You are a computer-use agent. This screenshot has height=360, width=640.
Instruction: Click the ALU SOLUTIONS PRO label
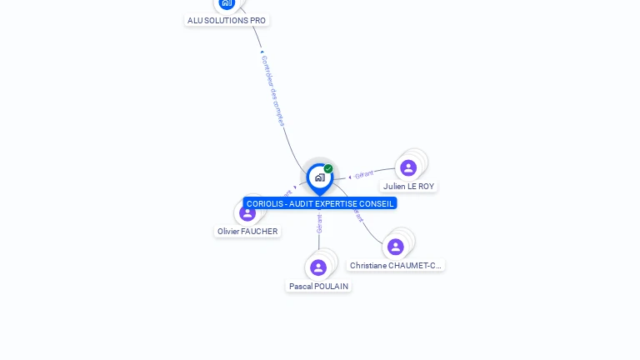click(227, 20)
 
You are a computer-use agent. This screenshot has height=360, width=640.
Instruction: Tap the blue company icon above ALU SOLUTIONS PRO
click(227, 2)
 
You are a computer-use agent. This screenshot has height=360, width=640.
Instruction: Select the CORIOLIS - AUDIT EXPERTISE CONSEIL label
click(320, 203)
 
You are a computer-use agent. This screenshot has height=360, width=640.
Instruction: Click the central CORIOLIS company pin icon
click(319, 177)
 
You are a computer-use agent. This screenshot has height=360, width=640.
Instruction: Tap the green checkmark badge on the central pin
click(328, 168)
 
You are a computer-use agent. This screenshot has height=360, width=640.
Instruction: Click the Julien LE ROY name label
click(408, 187)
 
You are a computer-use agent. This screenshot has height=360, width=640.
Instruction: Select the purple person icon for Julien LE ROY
click(408, 168)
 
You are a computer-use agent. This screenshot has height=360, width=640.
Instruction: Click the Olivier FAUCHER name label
click(247, 232)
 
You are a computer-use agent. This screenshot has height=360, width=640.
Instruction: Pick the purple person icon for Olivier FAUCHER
click(247, 212)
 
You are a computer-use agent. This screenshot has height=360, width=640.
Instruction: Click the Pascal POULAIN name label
click(318, 286)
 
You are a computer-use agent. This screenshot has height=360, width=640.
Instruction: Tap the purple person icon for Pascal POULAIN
click(318, 267)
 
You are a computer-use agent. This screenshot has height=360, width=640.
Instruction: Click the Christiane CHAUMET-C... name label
click(396, 266)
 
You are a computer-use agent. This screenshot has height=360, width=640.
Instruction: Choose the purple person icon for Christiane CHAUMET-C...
click(396, 247)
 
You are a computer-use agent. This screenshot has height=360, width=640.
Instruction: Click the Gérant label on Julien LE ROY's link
click(364, 175)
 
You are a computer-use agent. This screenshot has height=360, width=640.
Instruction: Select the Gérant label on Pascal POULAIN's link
click(319, 223)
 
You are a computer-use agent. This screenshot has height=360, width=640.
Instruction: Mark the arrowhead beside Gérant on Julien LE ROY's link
click(350, 177)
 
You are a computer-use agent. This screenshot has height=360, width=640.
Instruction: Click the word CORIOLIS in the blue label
click(262, 203)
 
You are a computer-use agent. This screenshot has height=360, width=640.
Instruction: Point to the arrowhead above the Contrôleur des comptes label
click(262, 52)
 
